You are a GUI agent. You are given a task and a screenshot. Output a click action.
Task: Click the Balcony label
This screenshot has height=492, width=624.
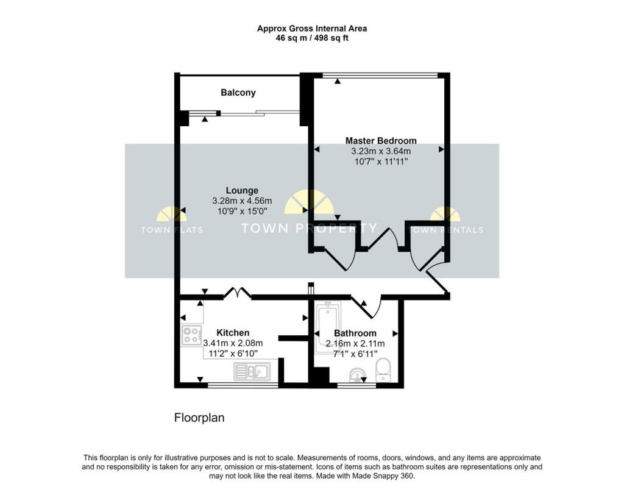tap(238, 93)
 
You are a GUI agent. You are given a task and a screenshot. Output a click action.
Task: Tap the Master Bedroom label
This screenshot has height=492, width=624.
tap(381, 140)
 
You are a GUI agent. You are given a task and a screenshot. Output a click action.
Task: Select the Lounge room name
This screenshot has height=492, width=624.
tap(242, 190)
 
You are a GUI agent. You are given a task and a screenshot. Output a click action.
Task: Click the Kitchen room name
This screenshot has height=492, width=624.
tap(233, 333)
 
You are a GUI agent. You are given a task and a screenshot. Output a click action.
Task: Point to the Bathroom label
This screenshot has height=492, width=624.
tap(355, 333)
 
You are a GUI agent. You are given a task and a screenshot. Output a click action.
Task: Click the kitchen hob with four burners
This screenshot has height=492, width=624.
tap(191, 335)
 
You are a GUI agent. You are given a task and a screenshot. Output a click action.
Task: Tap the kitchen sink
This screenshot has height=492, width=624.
tap(252, 372)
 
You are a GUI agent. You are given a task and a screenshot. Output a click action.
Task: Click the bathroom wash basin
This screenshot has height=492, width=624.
tap(357, 375)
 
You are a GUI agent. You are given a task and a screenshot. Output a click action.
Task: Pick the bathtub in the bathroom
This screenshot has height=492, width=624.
tap(327, 327)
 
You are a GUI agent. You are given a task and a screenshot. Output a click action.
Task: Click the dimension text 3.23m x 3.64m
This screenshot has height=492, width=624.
tap(381, 151)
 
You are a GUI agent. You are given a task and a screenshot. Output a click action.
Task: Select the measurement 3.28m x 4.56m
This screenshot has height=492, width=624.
tap(242, 201)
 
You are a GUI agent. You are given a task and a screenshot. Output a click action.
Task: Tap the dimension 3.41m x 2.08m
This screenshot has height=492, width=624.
tap(233, 343)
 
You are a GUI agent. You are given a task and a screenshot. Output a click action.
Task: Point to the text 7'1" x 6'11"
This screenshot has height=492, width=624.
tap(355, 354)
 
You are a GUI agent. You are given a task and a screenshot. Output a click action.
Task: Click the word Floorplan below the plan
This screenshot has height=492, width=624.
tap(199, 418)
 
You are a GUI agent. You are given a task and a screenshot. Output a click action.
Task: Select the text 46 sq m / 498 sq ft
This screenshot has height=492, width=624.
tap(312, 38)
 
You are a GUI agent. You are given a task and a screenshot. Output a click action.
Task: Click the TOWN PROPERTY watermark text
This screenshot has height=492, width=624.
tap(309, 228)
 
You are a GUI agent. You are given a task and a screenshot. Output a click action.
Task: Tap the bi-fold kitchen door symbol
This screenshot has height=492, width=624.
tap(237, 293)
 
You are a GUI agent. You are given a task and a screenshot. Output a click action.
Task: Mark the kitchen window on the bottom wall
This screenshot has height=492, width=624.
tap(243, 385)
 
